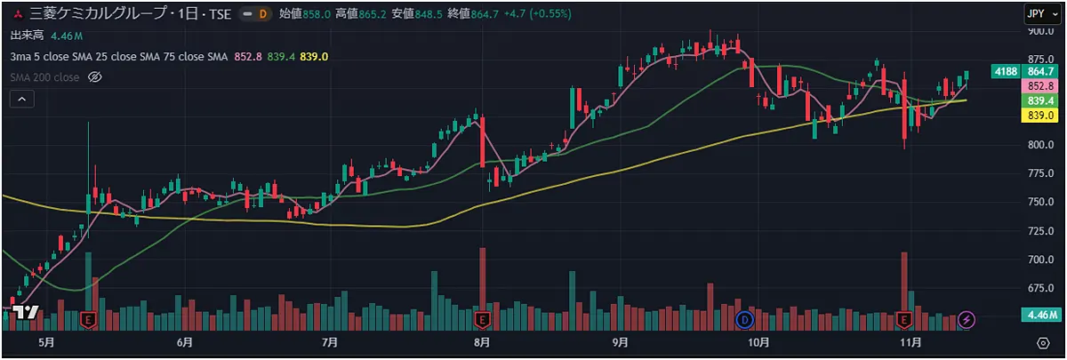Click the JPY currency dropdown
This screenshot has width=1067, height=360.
[x=1038, y=13]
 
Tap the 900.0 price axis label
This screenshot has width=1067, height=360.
[x=1040, y=32]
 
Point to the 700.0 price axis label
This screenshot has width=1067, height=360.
[x=1040, y=260]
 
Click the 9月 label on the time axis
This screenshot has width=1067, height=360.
[x=620, y=342]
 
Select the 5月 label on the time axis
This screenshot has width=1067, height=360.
[x=46, y=342]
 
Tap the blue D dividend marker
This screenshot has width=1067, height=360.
[x=745, y=318]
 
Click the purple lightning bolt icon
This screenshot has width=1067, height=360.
[x=968, y=318]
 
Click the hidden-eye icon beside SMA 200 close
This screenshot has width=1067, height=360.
[x=96, y=77]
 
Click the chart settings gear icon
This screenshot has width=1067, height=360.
[x=1043, y=342]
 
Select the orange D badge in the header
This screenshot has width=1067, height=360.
[x=262, y=14]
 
